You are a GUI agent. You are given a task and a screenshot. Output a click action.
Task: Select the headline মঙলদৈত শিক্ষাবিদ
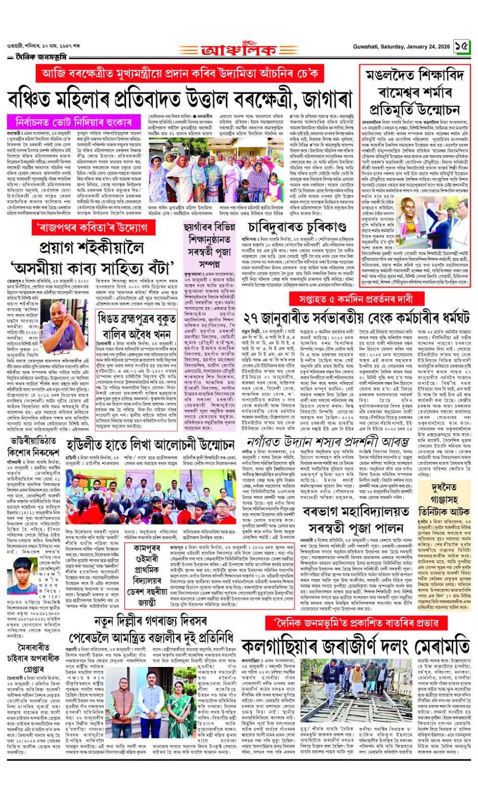tap(415, 76)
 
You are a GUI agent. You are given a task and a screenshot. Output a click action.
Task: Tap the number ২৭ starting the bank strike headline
tap(252, 318)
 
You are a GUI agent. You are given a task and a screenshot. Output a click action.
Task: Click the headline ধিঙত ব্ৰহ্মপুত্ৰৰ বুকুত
tap(137, 318)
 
